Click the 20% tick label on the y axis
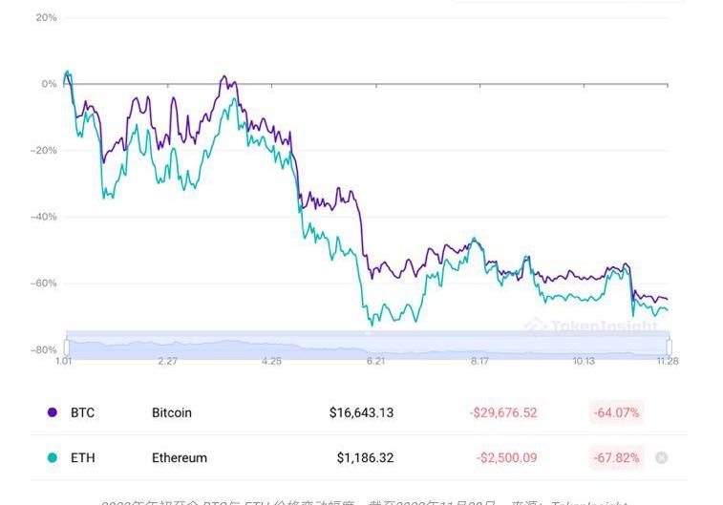pos(46,17)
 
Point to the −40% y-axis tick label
pos(44,217)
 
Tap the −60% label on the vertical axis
pos(44,284)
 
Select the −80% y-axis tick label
pos(44,350)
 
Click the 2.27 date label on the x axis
pos(167,362)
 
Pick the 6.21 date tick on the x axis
pos(375,362)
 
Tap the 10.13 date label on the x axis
pos(584,362)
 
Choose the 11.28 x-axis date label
pos(667,362)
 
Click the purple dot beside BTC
pos(53,413)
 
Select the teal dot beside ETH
pos(53,458)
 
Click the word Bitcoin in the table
pos(172,413)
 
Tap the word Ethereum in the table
pos(180,458)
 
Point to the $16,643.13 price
pos(361,413)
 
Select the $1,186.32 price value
pos(365,458)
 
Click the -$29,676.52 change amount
pos(503,413)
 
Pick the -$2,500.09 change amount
pos(506,458)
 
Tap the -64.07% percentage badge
pos(616,413)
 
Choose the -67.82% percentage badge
pos(616,458)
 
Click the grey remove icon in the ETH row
pos(662,458)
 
